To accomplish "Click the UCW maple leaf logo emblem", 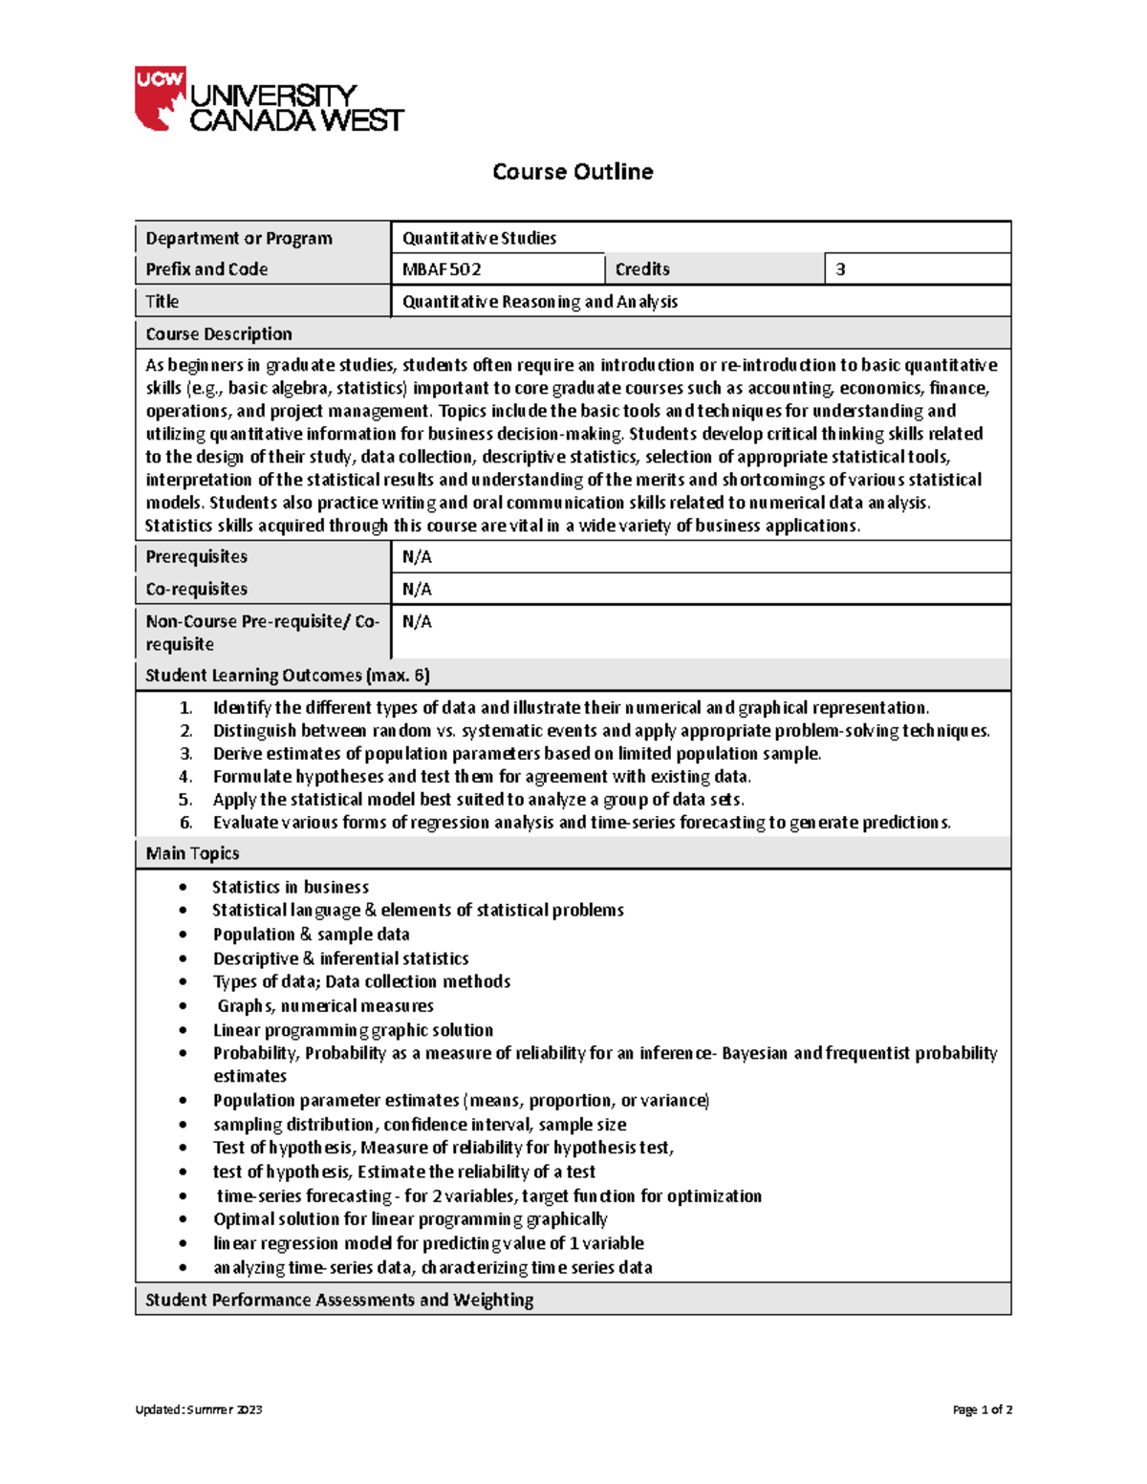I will [160, 98].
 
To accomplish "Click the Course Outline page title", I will [573, 172].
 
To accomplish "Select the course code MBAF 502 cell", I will [442, 269].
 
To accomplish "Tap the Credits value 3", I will [840, 269].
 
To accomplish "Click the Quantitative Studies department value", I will [479, 238].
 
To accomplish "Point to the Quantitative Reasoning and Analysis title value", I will [539, 302].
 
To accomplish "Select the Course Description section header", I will [219, 334].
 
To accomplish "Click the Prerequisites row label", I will [196, 557].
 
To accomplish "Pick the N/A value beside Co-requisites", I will [417, 590].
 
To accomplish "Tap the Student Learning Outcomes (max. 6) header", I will [287, 676].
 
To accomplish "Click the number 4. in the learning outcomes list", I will [185, 777].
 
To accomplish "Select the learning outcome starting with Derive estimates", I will [516, 754].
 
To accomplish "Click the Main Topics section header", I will [192, 853].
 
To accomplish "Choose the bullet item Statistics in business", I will [290, 888].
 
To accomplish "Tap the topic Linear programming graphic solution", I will [353, 1030].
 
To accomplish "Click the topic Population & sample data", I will [311, 935].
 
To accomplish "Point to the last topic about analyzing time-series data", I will [432, 1268].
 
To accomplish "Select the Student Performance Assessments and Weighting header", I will [339, 1300].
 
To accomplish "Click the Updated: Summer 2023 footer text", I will [199, 1409].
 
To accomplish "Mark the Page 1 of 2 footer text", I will [982, 1409].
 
